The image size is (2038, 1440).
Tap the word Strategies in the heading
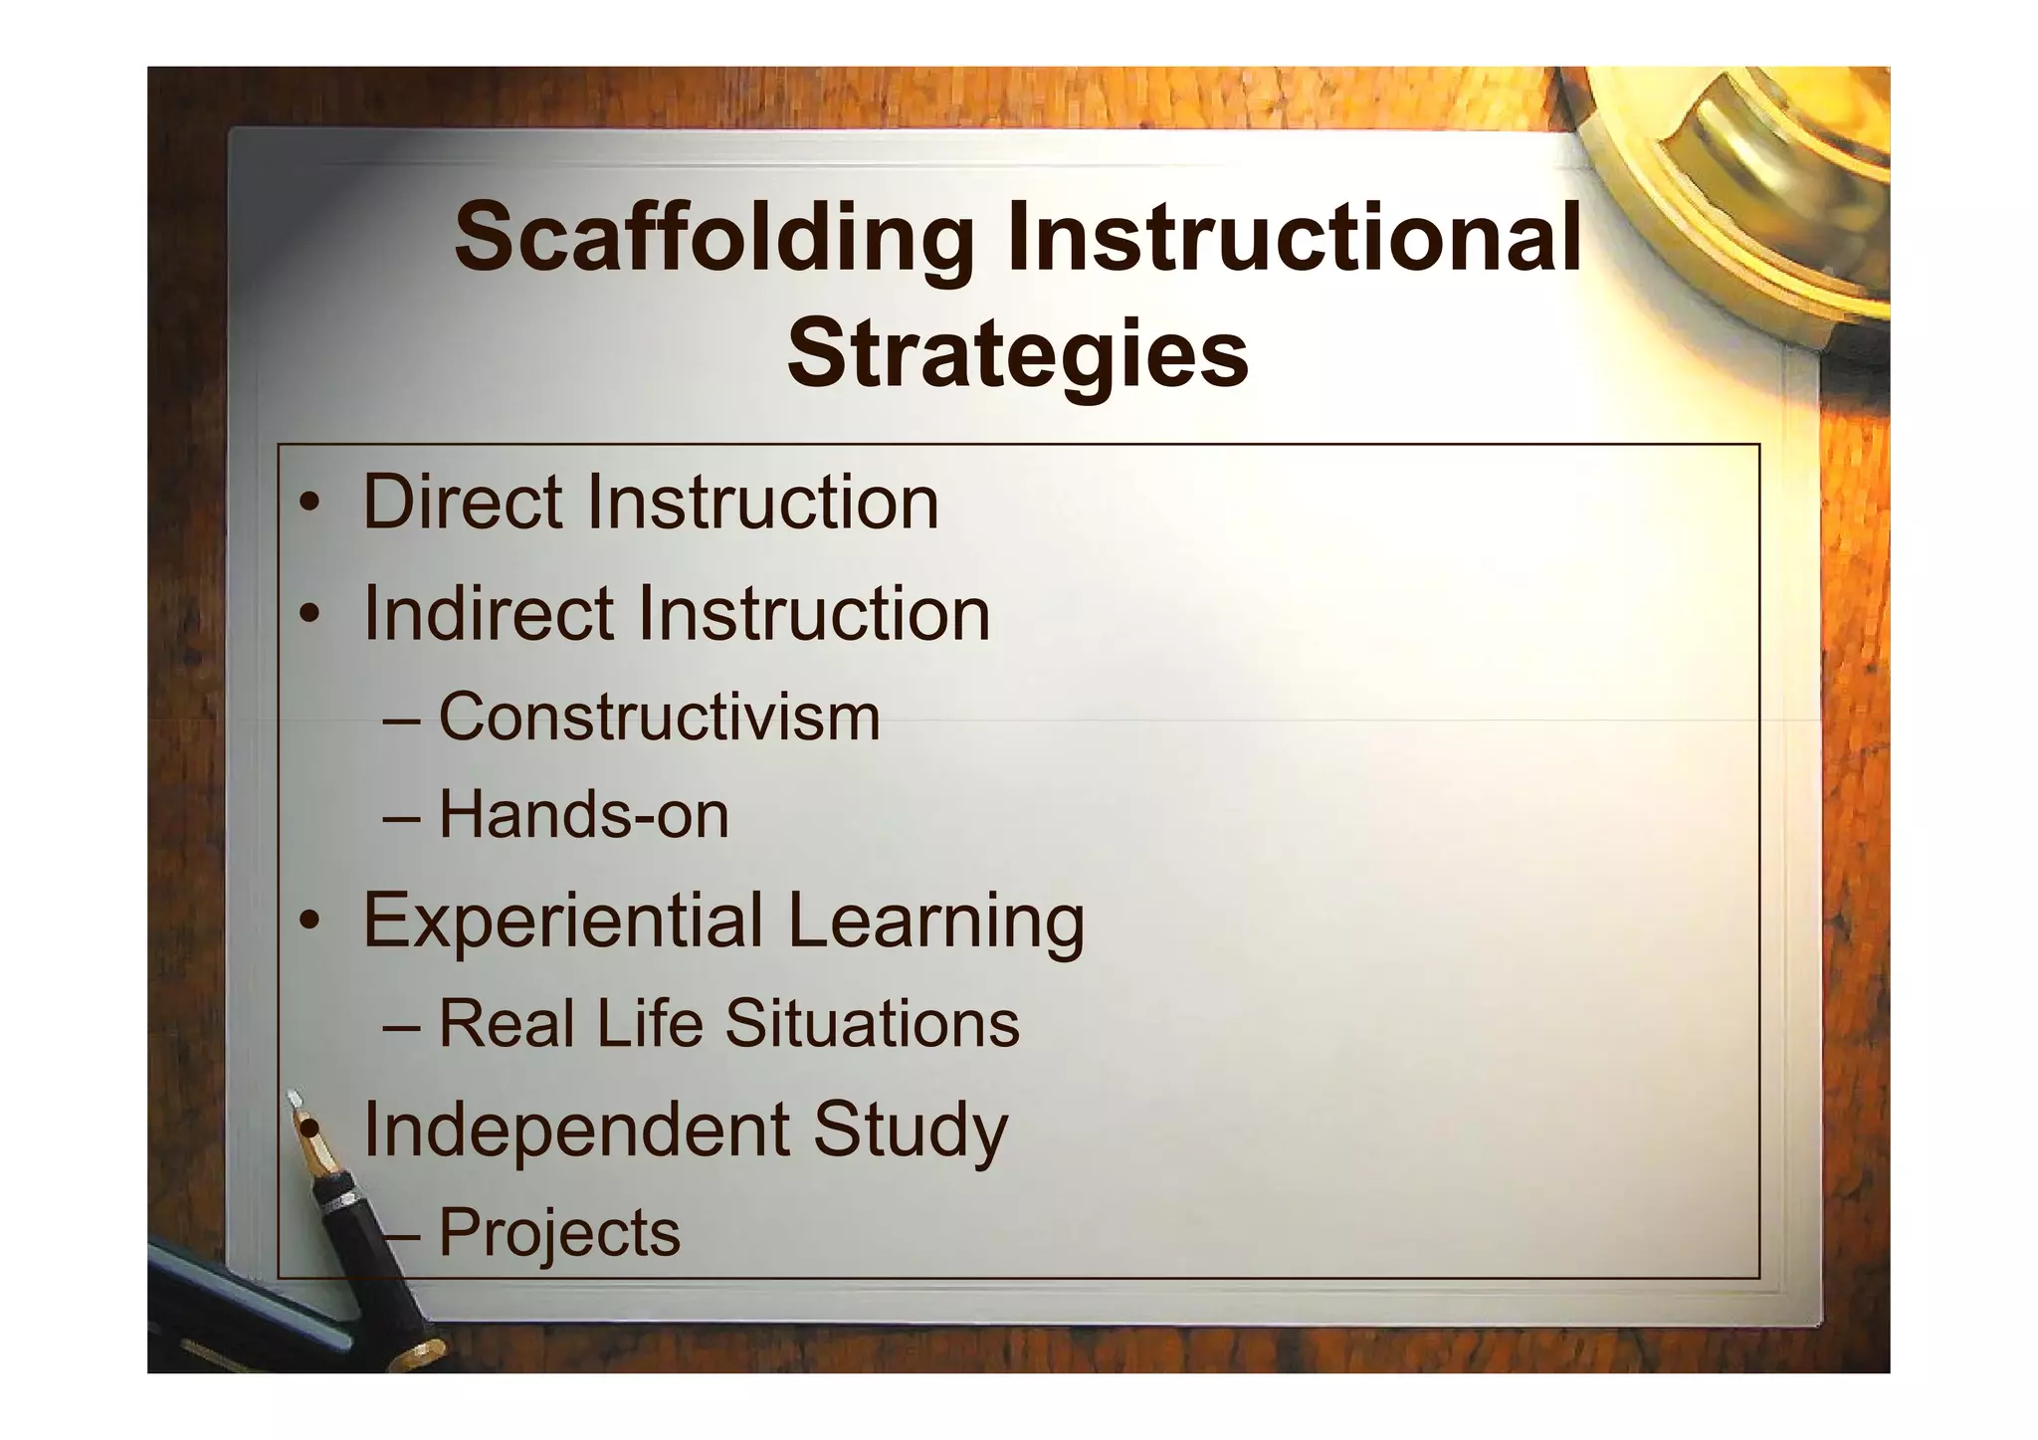[x=1017, y=354]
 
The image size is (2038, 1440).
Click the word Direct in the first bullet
[x=463, y=502]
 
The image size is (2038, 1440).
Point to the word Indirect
[x=489, y=613]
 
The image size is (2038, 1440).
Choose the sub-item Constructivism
[x=659, y=717]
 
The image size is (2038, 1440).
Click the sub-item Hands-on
[x=584, y=815]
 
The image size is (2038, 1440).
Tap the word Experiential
[x=562, y=921]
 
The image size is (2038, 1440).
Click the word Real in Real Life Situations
[x=507, y=1024]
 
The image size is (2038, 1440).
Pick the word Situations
[x=872, y=1024]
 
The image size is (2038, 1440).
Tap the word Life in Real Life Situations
[x=650, y=1024]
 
